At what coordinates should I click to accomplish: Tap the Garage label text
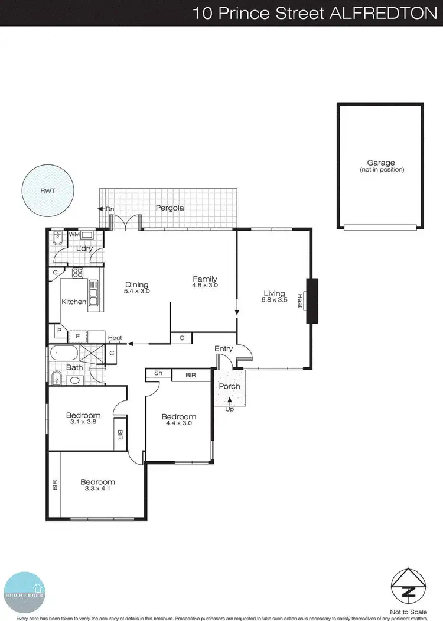pos(380,163)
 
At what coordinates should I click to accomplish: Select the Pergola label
pos(170,208)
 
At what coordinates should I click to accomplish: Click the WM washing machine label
pos(74,234)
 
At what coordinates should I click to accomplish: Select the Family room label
pos(205,279)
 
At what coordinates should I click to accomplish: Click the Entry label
pos(223,349)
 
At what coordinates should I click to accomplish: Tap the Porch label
pos(229,386)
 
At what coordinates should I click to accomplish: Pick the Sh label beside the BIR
pos(158,373)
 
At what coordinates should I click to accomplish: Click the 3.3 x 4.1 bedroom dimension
pos(97,490)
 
